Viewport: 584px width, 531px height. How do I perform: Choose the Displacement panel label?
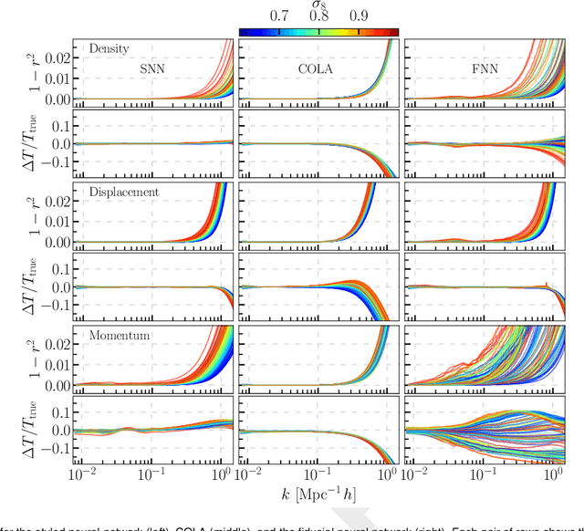124,193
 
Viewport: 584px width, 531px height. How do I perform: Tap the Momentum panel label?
119,336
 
